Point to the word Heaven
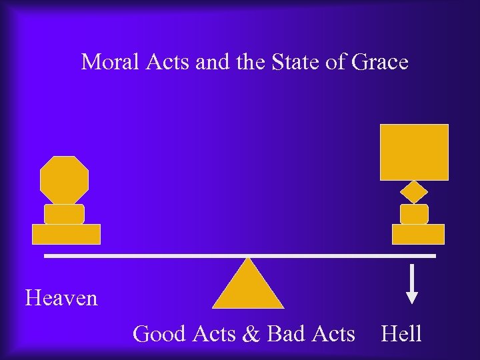[x=61, y=297]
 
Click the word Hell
[x=401, y=333]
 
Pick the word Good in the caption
[x=159, y=333]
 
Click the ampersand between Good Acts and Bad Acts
[x=251, y=333]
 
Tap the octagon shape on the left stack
[x=64, y=179]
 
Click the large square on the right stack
[x=414, y=152]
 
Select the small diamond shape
[x=414, y=192]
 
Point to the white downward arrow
[x=413, y=284]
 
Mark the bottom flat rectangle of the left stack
[x=66, y=234]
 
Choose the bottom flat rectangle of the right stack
[x=418, y=234]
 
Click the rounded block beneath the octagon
[x=64, y=214]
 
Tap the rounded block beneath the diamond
[x=414, y=214]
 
